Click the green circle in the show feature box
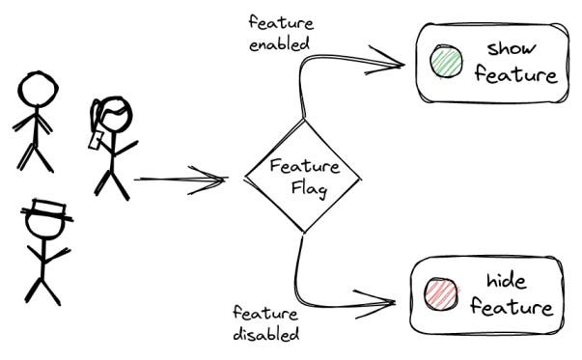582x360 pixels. coord(446,63)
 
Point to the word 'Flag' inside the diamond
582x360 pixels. coord(309,189)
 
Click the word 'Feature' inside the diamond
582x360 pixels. coord(302,167)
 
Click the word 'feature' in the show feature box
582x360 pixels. coord(515,75)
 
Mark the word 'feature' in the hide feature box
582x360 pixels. coord(513,309)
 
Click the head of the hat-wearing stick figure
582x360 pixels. coord(45,227)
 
